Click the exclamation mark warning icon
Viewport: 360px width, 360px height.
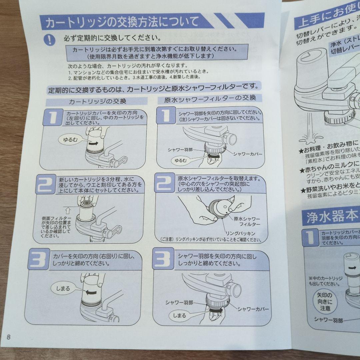tap(49, 39)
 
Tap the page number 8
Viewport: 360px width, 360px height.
tap(9, 337)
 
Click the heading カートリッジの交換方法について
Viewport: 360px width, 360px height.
tap(122, 23)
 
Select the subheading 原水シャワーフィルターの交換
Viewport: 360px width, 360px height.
tap(210, 98)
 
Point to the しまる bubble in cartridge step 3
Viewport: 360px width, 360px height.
tap(63, 288)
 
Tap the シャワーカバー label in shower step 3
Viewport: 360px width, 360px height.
tap(253, 309)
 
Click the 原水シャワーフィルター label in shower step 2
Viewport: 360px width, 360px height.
tap(247, 222)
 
